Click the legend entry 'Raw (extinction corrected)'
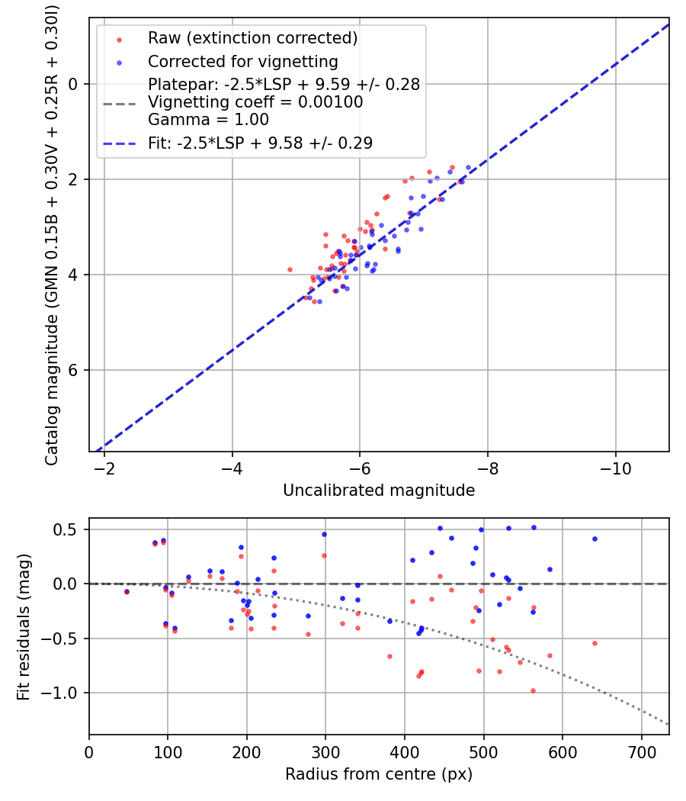click(252, 38)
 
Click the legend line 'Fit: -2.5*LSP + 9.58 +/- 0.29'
click(260, 143)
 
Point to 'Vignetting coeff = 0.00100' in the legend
click(255, 102)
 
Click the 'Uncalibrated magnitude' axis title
click(379, 491)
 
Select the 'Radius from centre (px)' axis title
click(379, 774)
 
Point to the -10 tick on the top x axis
click(615, 468)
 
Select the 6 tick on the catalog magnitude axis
click(74, 370)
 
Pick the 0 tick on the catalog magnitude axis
click(74, 84)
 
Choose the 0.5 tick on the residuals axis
click(72, 529)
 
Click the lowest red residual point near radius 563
click(533, 690)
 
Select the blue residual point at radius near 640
click(595, 539)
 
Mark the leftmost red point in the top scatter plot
click(290, 269)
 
